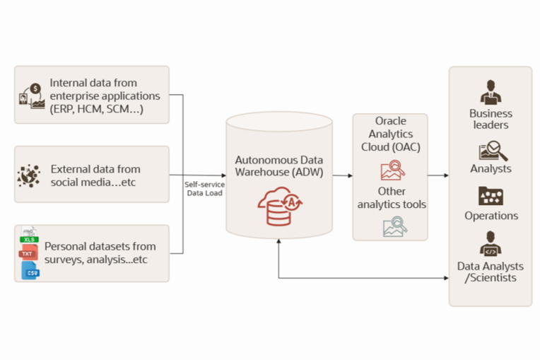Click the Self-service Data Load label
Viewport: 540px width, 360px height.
(204, 187)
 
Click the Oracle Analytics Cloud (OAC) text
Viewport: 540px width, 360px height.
(390, 134)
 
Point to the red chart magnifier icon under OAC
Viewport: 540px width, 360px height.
(391, 170)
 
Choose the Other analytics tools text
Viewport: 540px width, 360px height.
(391, 198)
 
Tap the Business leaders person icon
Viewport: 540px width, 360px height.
(490, 92)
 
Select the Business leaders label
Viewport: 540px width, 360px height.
(490, 119)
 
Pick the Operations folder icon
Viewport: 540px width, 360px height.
(491, 196)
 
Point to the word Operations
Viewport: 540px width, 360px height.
(491, 216)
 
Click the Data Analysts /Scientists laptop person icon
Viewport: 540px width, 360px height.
(491, 245)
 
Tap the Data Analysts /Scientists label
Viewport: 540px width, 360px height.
(491, 272)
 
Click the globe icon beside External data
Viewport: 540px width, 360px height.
(29, 175)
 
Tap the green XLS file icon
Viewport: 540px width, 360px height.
(29, 237)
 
